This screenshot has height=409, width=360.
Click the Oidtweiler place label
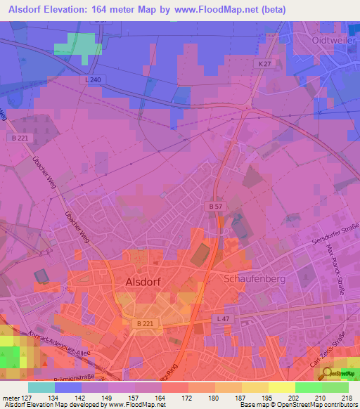point(335,41)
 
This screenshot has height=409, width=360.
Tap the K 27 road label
point(264,64)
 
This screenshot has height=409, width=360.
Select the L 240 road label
point(94,82)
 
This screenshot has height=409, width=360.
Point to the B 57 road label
point(216,206)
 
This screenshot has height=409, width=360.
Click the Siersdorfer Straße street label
point(335,233)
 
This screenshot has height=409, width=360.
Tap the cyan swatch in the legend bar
point(41,387)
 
